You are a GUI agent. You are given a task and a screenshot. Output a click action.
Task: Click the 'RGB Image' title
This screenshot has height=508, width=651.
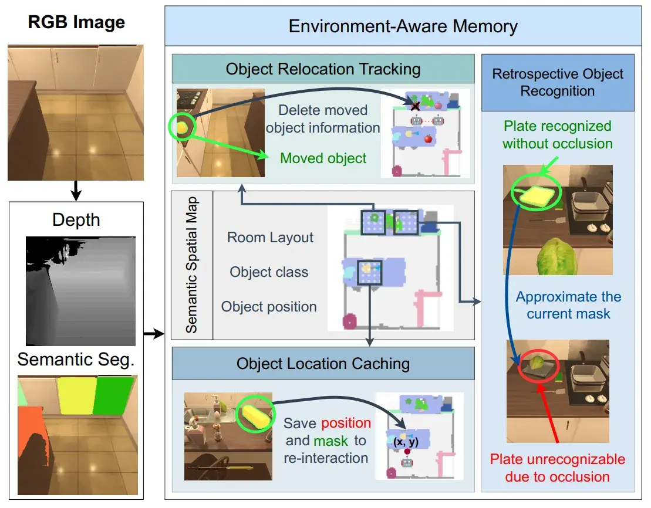click(x=76, y=22)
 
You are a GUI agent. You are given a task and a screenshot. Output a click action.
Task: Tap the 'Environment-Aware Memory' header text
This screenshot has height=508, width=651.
click(x=403, y=26)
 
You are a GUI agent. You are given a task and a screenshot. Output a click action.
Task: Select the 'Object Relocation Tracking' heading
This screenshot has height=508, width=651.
click(x=323, y=69)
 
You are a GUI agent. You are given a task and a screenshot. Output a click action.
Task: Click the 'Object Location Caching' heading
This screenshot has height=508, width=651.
click(x=323, y=364)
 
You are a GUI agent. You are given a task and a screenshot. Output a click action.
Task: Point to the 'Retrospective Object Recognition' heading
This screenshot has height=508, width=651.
click(x=558, y=82)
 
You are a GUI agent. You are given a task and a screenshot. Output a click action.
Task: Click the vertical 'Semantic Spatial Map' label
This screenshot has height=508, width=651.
click(x=191, y=265)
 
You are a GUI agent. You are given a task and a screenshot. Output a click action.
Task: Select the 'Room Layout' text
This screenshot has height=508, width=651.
click(x=270, y=238)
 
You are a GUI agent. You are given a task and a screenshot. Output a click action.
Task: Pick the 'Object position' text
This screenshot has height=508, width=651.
click(x=269, y=307)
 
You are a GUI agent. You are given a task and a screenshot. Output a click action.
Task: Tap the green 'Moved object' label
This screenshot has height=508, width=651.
click(x=323, y=158)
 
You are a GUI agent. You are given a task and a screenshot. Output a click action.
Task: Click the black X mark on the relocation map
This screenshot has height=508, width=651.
click(x=415, y=106)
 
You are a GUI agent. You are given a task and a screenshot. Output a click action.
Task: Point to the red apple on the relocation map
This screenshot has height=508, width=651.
click(x=428, y=138)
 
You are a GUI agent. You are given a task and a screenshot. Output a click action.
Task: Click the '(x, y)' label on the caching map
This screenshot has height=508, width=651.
click(x=406, y=442)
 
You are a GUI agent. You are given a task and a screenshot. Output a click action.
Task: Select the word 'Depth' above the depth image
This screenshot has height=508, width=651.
click(x=76, y=220)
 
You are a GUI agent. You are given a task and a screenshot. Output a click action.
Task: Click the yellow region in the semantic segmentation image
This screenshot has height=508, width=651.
click(x=77, y=395)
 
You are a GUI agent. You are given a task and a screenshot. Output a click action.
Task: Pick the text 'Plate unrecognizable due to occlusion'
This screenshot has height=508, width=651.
click(x=557, y=468)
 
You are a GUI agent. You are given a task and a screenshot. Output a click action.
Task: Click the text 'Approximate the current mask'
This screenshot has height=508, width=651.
click(x=568, y=305)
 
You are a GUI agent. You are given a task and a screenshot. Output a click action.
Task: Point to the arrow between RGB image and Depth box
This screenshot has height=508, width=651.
click(x=76, y=191)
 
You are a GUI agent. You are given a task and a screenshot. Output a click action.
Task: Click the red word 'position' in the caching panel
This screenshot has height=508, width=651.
click(x=346, y=423)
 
